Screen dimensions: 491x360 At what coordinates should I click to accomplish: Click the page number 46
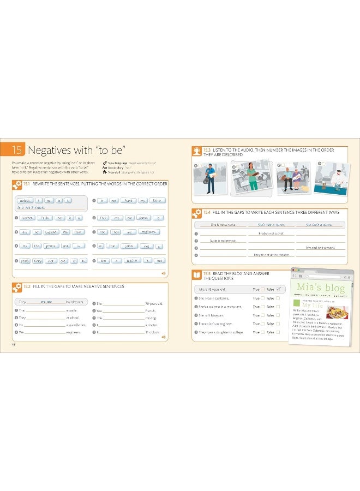click(14, 344)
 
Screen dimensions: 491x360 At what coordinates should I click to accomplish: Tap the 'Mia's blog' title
click(321, 287)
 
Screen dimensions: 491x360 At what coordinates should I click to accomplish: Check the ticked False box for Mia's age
click(278, 289)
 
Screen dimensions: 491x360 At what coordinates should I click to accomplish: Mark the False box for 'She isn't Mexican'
click(278, 315)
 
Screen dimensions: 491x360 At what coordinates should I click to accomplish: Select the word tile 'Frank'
click(128, 201)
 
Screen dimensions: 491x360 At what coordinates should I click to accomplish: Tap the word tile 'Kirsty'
click(37, 261)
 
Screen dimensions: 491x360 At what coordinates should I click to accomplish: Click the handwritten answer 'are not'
click(46, 301)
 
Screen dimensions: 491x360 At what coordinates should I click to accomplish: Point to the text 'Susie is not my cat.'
click(223, 240)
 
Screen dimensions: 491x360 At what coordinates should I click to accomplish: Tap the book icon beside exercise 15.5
click(196, 274)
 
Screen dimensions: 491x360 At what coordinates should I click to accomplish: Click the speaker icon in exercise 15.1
click(163, 273)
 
